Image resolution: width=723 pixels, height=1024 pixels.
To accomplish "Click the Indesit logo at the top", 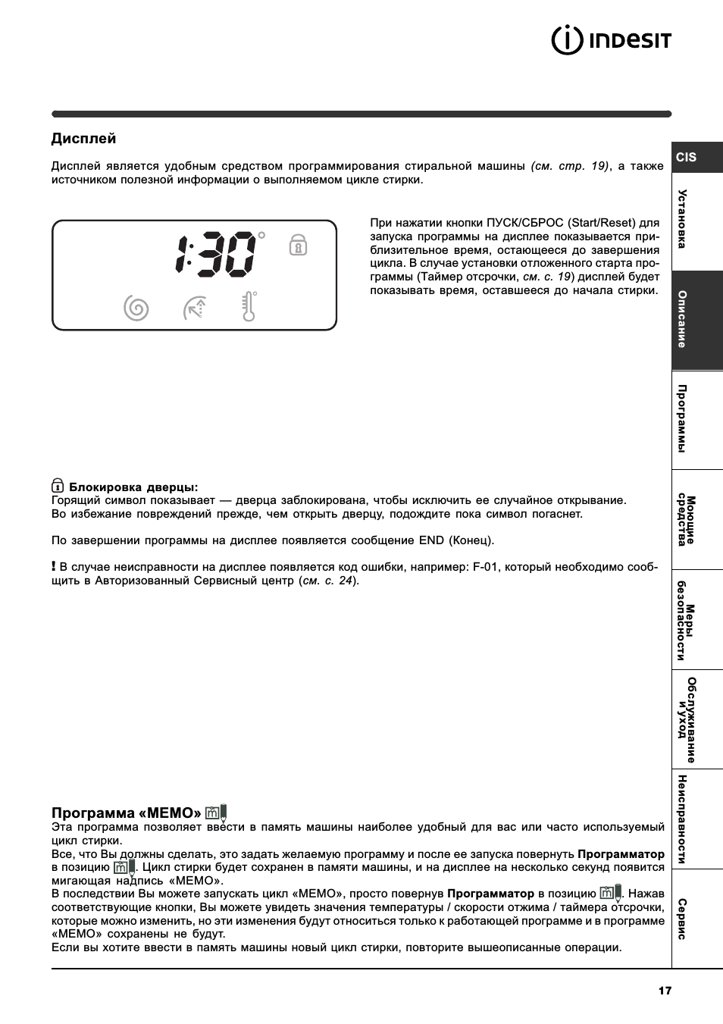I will point(611,40).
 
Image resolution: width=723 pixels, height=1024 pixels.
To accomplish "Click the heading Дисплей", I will point(83,139).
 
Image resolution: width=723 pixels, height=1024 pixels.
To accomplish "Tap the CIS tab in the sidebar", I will point(687,157).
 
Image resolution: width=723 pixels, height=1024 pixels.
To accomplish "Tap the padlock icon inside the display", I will point(298,245).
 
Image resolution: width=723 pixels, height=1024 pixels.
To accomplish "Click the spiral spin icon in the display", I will point(136,308).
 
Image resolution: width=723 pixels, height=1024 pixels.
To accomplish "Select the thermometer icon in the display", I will point(249,307).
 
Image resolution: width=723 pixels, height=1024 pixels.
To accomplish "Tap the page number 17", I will point(665,990).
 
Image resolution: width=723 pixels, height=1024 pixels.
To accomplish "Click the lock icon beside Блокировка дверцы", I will point(58,486).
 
